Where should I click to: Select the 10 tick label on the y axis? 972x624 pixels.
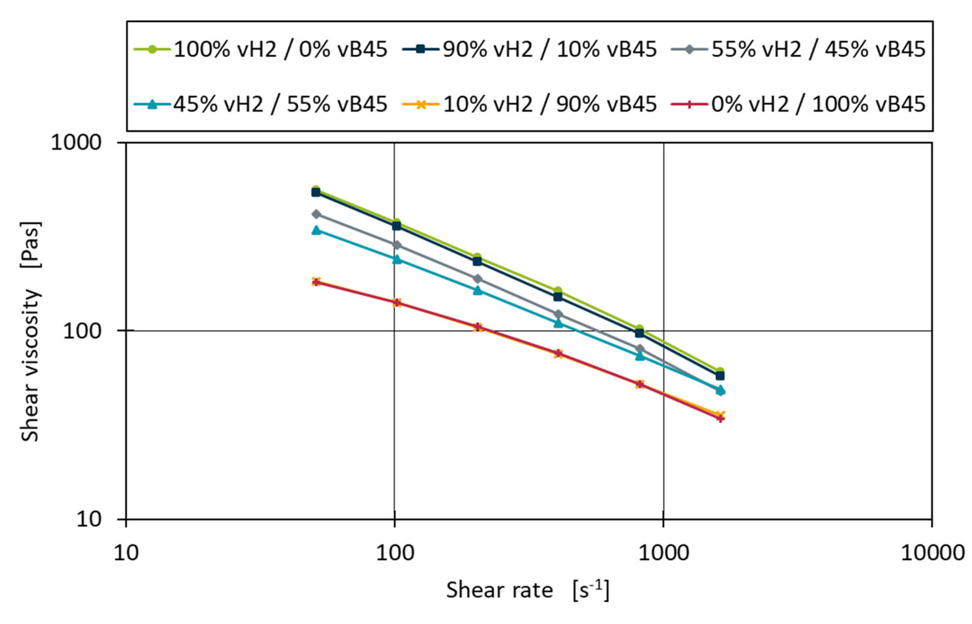coord(89,519)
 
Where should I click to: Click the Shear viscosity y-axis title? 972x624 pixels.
coord(30,331)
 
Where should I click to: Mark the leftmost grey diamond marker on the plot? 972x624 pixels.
coord(316,214)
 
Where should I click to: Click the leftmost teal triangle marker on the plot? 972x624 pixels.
coord(316,230)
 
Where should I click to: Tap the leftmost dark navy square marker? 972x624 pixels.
coord(316,192)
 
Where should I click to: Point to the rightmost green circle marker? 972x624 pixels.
coord(720,371)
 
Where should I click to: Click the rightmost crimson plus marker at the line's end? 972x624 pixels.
coord(720,418)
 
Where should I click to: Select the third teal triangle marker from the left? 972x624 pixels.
coord(478,290)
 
